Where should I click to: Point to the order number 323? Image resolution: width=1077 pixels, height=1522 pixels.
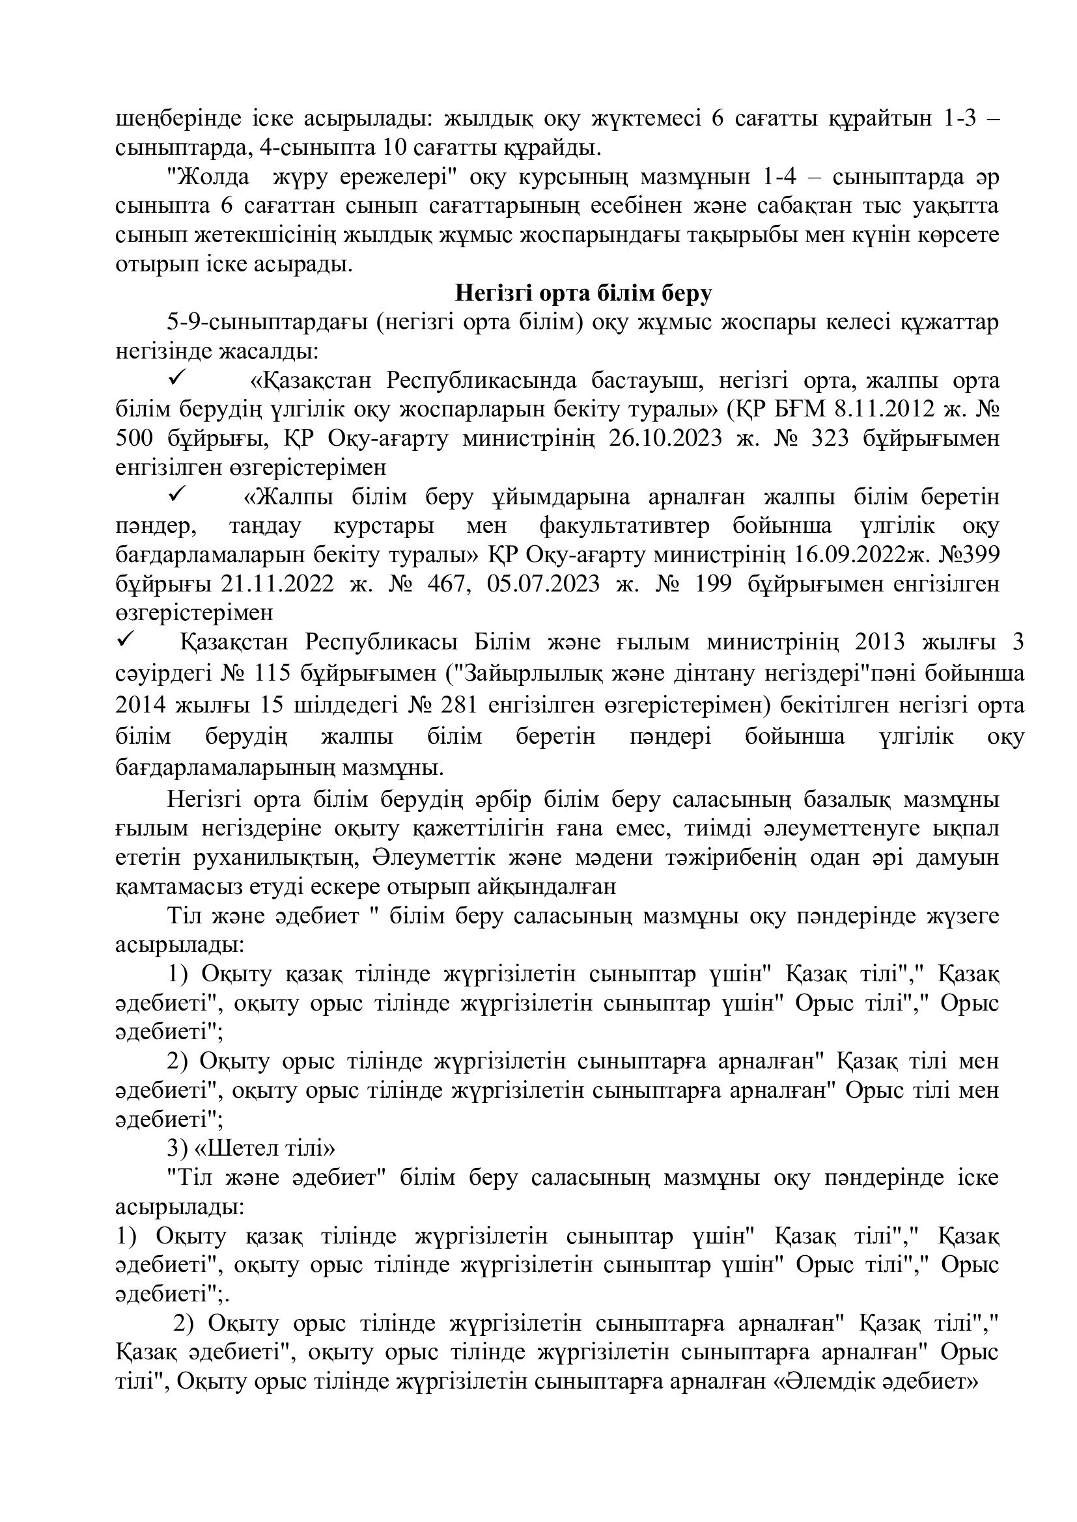[x=828, y=439]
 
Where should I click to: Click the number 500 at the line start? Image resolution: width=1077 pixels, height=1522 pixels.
[x=134, y=439]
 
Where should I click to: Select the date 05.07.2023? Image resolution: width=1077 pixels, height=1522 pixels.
[x=543, y=584]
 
